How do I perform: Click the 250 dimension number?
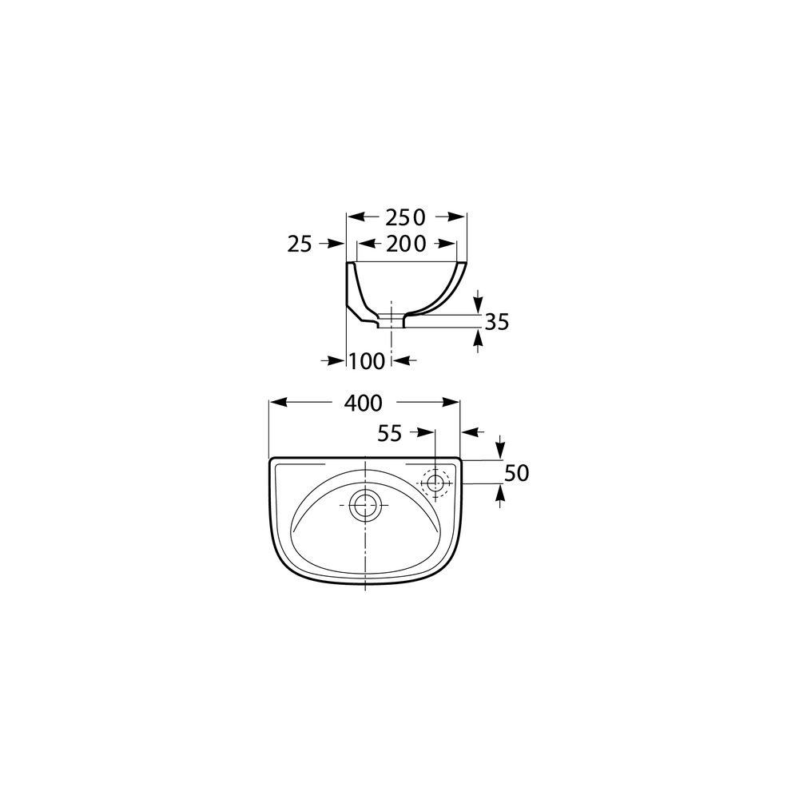coord(404,217)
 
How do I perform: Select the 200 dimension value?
coord(406,244)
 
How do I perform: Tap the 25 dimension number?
coord(300,244)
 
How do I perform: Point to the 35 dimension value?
coord(497,322)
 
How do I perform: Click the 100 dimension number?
coord(367,361)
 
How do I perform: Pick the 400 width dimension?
coord(363,403)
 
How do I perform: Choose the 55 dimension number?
coord(390,434)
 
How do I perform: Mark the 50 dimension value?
coord(517,473)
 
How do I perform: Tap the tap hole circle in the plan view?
coord(435,483)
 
